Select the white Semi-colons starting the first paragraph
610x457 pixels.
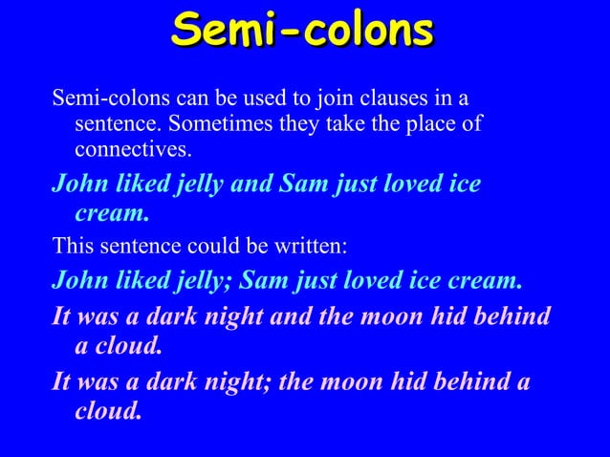pos(98,98)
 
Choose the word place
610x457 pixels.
pos(431,124)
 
